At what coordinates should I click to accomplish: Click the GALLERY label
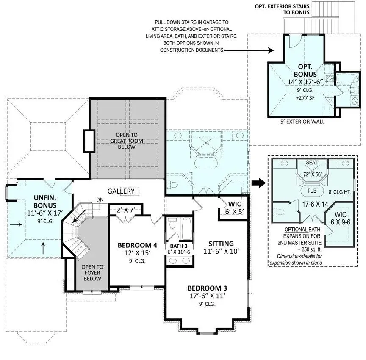(x=121, y=191)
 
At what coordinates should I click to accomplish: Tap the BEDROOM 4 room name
(x=137, y=245)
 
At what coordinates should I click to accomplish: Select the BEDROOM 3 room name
(x=207, y=288)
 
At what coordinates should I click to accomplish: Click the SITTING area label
(x=221, y=244)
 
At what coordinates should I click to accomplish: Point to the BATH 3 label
(x=179, y=246)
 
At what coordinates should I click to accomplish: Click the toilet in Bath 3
(x=172, y=223)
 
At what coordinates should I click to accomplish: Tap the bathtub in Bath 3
(x=187, y=229)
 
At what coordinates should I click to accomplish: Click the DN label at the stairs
(x=100, y=200)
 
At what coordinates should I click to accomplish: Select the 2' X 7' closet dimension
(x=126, y=210)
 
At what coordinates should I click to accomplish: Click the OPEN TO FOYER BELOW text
(x=92, y=273)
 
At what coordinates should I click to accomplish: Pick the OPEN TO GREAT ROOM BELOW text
(x=127, y=141)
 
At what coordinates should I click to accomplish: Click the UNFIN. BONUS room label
(x=45, y=202)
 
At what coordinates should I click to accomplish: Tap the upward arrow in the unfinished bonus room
(x=43, y=248)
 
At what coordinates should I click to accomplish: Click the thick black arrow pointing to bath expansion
(x=259, y=183)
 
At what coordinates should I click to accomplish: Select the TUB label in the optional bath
(x=312, y=191)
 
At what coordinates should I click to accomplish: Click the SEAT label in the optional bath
(x=312, y=162)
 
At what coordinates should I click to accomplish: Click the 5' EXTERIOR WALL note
(x=302, y=122)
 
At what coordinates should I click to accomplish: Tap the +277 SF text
(x=305, y=98)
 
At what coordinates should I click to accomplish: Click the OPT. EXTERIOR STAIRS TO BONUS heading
(x=282, y=9)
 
